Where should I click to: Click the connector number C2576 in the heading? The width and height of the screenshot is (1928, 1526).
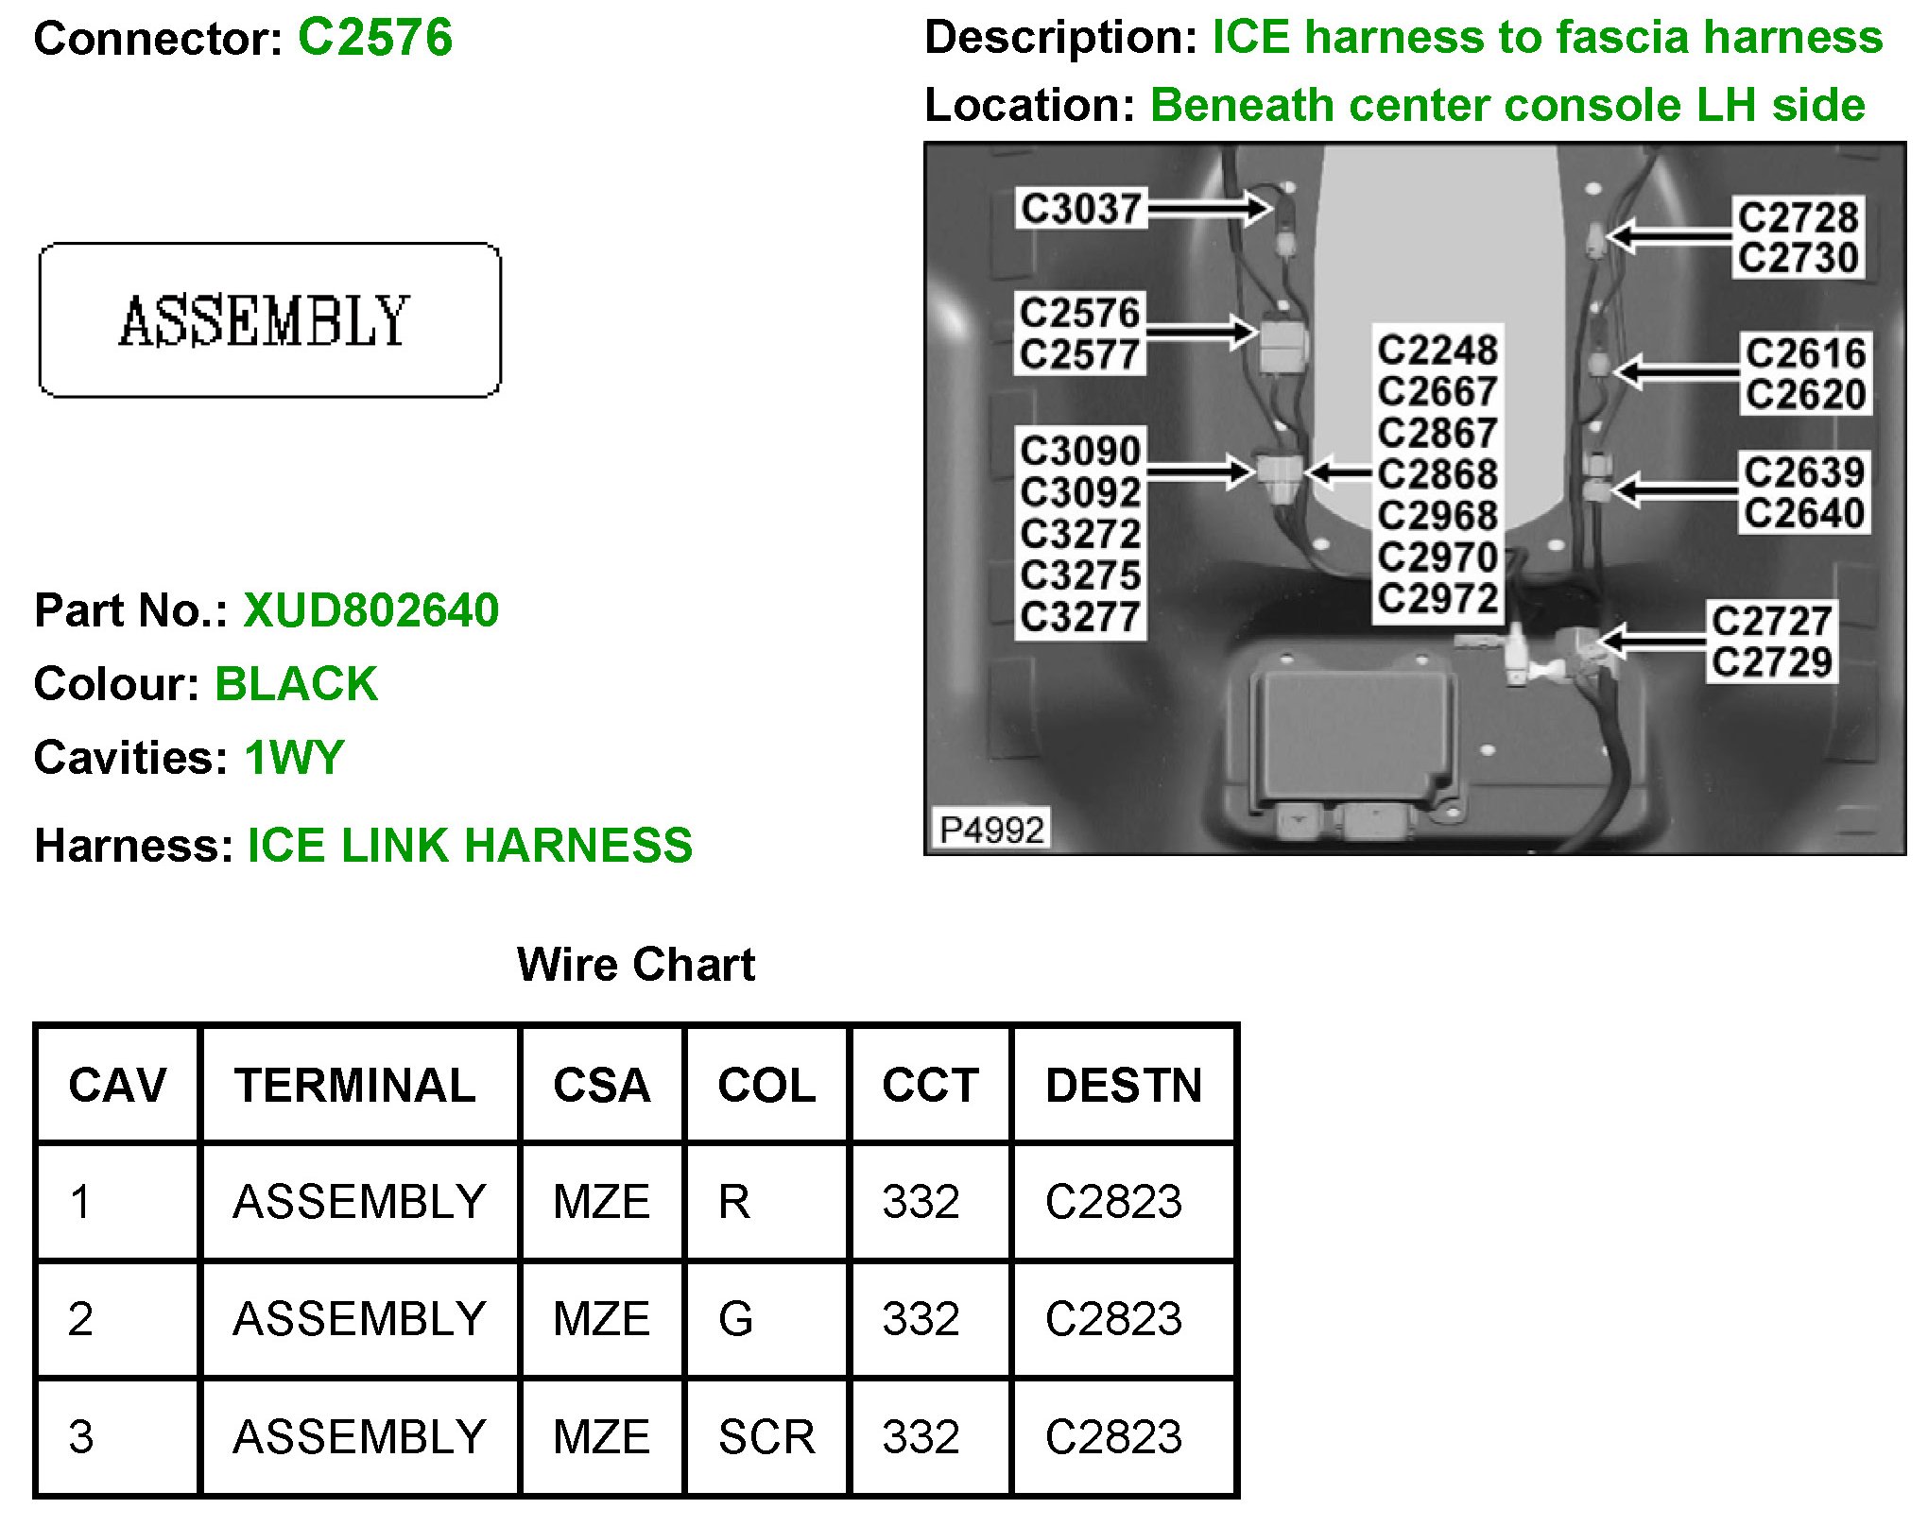[374, 39]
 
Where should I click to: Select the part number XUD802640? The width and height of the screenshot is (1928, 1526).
[370, 610]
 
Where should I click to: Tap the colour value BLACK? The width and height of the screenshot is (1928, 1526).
[296, 684]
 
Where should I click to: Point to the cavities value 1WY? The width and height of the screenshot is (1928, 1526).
[294, 758]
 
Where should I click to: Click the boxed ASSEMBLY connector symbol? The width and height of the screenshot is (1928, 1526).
[269, 320]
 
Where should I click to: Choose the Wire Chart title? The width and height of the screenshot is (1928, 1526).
[635, 965]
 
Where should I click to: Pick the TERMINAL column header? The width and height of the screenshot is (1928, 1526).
[355, 1085]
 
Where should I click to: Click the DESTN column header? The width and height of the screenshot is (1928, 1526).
[1123, 1085]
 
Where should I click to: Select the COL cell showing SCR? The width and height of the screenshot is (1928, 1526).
[766, 1437]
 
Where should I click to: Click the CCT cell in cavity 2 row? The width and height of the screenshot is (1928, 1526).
[921, 1319]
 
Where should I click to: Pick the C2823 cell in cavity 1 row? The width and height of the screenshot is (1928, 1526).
[1113, 1202]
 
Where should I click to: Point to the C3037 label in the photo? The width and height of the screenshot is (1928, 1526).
[1080, 209]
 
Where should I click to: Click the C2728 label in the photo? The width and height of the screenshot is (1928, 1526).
[1798, 217]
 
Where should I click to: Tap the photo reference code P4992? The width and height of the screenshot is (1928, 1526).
[991, 830]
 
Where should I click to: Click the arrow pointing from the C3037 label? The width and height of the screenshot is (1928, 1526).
[1211, 209]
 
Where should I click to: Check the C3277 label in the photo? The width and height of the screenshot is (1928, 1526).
[1080, 618]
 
